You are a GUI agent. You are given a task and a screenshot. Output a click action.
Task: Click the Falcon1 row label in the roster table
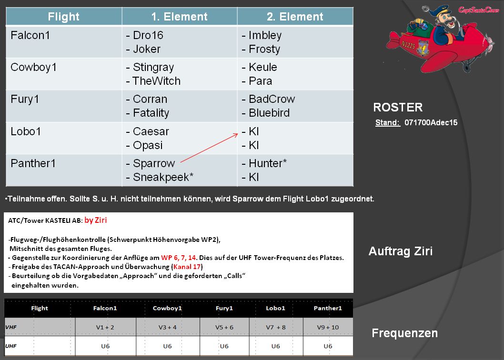click(x=30, y=35)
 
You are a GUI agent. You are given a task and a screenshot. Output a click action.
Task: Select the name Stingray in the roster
click(x=153, y=67)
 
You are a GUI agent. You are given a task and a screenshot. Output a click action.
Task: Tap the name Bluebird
click(x=269, y=113)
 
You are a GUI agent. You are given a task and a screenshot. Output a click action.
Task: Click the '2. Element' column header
click(x=295, y=17)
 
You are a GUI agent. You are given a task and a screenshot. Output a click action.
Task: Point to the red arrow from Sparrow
click(x=209, y=148)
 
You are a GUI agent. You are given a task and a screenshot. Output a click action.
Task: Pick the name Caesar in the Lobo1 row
click(x=151, y=131)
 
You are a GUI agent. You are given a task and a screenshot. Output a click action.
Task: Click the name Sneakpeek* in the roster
click(x=163, y=177)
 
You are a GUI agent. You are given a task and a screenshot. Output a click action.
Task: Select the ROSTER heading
click(x=398, y=107)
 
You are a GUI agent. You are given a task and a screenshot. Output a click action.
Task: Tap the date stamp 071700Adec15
click(x=431, y=122)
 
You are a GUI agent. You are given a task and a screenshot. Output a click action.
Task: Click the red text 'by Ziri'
click(x=95, y=220)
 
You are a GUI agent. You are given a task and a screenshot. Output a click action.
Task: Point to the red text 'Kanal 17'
click(x=187, y=267)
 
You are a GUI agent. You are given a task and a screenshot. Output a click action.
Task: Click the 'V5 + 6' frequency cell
click(x=224, y=327)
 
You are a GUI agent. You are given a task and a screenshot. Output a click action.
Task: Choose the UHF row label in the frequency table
click(x=10, y=346)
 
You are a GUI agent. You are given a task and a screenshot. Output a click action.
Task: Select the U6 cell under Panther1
click(x=328, y=346)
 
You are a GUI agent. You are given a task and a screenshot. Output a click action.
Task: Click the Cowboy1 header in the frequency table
click(x=167, y=308)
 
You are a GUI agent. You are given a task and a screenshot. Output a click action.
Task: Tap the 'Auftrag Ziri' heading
click(x=401, y=251)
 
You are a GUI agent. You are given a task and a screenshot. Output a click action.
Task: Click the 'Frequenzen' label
click(x=405, y=333)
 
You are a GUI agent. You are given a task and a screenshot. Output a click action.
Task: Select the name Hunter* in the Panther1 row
click(x=268, y=163)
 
